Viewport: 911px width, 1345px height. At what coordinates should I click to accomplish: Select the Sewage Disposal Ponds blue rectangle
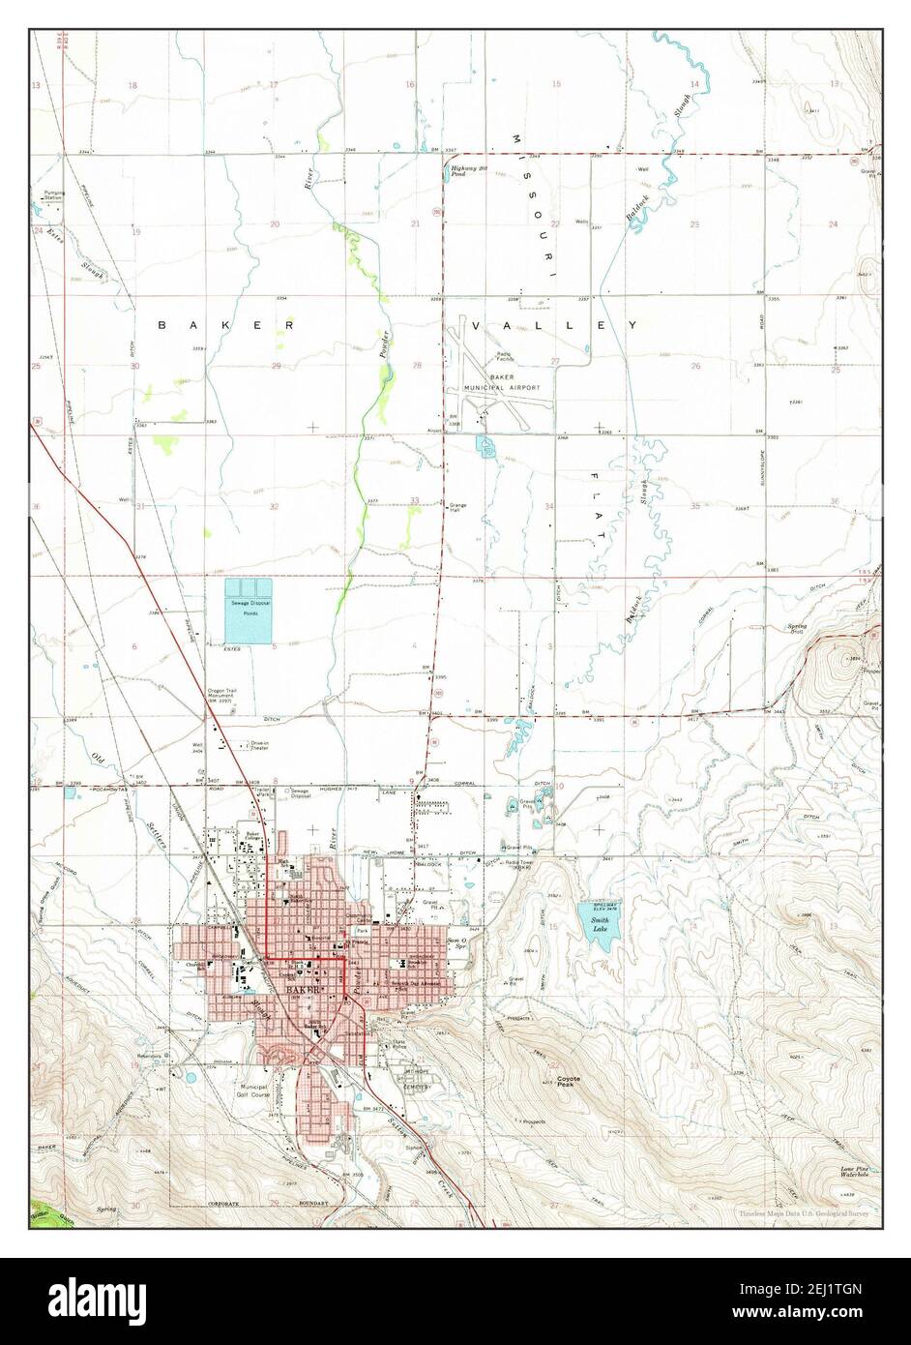coord(249,613)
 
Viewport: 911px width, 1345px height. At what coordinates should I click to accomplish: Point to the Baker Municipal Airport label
coord(500,382)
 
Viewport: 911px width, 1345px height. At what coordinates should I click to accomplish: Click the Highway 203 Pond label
coord(465,171)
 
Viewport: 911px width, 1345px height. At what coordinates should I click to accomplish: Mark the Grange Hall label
coord(457,507)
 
